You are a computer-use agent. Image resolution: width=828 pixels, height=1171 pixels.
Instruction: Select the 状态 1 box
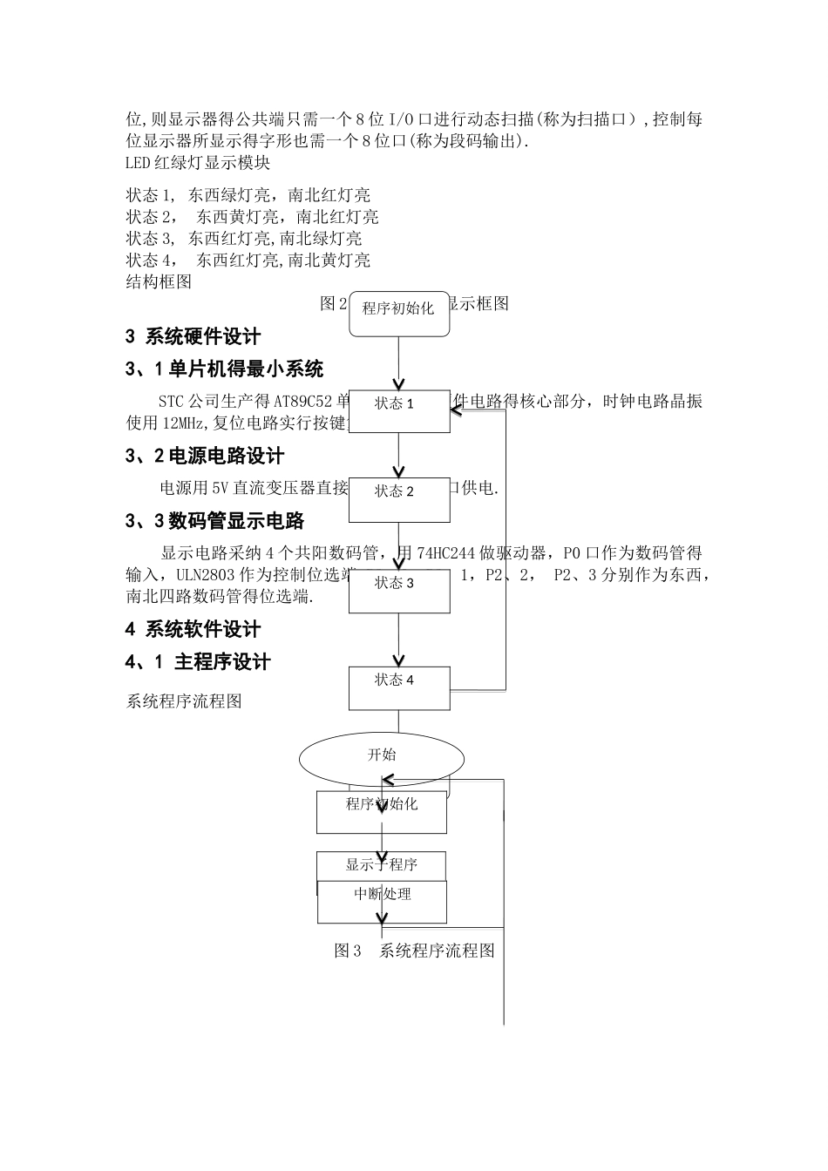(x=399, y=411)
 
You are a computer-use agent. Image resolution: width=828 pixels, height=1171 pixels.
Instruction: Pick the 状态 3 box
(x=399, y=591)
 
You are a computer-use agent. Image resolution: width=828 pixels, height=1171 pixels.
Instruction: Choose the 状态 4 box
(x=399, y=688)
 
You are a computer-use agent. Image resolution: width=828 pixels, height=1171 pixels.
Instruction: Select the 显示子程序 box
(x=381, y=865)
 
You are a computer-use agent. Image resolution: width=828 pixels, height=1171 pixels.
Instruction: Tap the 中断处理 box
(x=382, y=902)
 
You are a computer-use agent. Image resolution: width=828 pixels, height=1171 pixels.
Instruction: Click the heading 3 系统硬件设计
(x=193, y=337)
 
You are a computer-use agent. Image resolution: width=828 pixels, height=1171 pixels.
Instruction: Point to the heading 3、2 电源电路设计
(x=205, y=456)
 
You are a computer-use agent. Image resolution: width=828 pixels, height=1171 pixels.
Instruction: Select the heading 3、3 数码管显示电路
(x=214, y=521)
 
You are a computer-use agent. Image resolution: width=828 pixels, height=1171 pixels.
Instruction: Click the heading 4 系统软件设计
(x=193, y=629)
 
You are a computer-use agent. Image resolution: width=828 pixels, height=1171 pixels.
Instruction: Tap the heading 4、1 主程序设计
(x=198, y=662)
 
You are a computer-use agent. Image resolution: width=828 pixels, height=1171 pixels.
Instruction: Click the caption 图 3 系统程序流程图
(x=415, y=951)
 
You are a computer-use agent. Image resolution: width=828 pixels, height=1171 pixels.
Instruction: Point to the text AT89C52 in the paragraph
(x=303, y=402)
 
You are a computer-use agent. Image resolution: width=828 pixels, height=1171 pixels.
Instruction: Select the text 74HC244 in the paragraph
(x=445, y=553)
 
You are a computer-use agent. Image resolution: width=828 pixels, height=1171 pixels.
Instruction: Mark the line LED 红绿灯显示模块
(x=198, y=163)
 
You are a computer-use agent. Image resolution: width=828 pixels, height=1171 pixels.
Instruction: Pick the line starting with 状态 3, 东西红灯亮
(x=244, y=239)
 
